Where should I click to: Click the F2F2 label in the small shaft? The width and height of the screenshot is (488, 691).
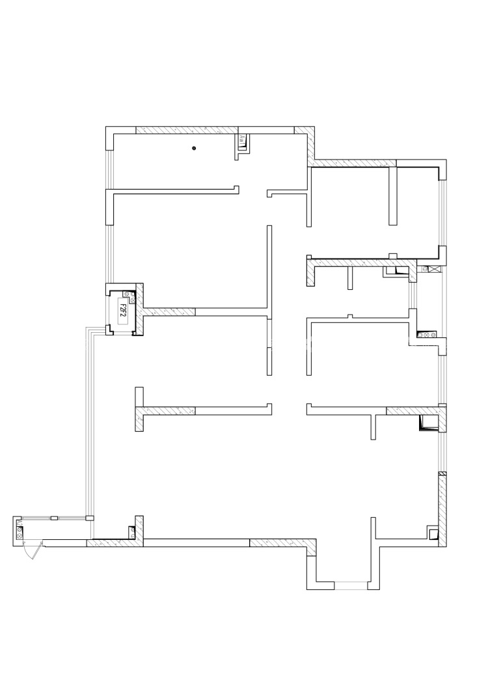click(122, 309)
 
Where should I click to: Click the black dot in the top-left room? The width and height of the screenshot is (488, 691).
click(194, 149)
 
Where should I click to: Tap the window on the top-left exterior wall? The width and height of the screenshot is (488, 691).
click(110, 169)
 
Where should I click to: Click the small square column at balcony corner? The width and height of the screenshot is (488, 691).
click(90, 518)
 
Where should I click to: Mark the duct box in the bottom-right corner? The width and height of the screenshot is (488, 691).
click(433, 534)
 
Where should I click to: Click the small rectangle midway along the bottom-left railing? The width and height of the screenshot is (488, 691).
click(55, 518)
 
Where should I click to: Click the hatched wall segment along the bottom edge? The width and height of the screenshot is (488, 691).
click(280, 543)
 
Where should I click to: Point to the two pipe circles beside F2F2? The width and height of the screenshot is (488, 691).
click(133, 298)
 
